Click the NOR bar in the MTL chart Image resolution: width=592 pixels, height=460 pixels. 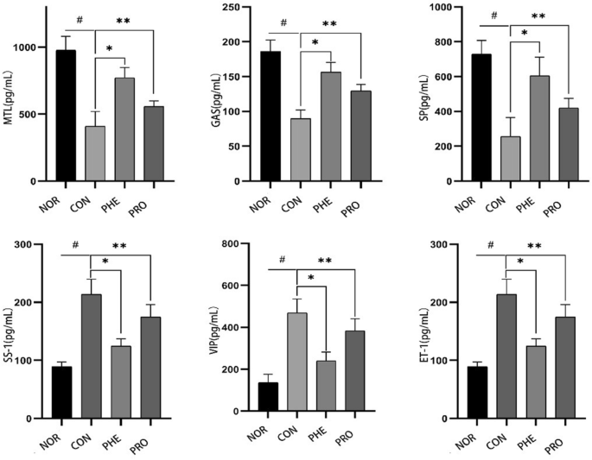point(66,116)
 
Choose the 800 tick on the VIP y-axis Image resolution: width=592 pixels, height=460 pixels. point(254,244)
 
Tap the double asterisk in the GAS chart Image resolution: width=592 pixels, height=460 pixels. point(329,24)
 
